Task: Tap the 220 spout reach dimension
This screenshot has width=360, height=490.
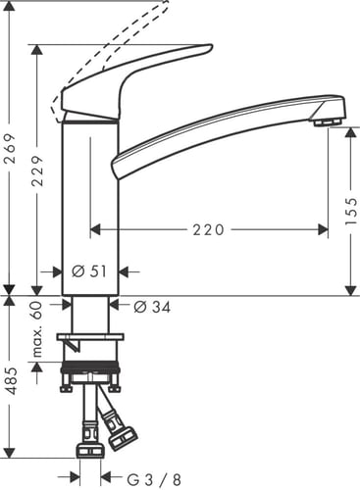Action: click(208, 230)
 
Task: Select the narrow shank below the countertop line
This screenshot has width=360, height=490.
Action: click(91, 316)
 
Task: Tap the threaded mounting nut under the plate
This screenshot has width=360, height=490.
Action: click(91, 372)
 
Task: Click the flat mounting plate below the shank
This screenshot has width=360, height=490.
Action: click(91, 340)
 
